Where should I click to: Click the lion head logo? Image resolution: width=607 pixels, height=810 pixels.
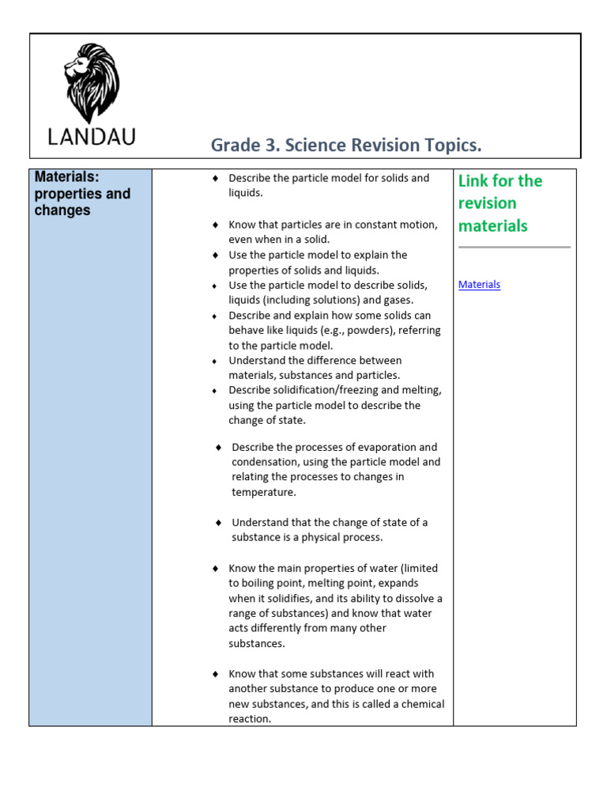[x=92, y=83]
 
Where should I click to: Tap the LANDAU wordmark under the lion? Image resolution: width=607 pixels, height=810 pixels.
[x=92, y=136]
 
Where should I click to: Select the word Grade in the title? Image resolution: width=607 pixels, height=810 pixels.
[x=236, y=146]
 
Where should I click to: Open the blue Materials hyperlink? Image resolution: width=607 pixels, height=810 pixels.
[x=479, y=285]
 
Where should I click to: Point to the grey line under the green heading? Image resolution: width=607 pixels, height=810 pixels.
[x=514, y=248]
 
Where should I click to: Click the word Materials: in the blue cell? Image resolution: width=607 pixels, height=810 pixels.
[x=66, y=177]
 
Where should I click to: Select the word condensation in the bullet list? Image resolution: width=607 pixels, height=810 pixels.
[x=264, y=462]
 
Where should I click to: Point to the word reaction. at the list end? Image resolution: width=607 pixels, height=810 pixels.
[x=250, y=719]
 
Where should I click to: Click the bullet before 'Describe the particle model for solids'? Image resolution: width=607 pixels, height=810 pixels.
[x=215, y=179]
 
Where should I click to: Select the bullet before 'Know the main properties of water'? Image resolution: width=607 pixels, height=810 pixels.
[x=215, y=569]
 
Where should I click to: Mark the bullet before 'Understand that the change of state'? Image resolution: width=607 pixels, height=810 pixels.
[x=218, y=523]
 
